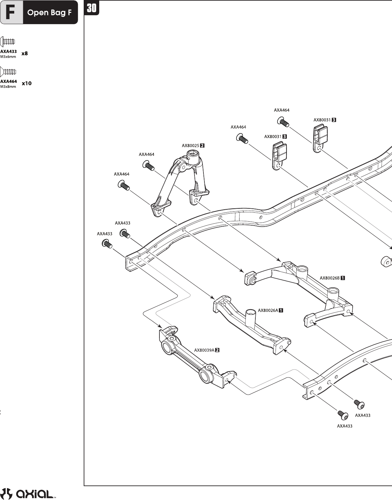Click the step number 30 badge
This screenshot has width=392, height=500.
(92, 8)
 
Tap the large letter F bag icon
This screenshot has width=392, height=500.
(12, 13)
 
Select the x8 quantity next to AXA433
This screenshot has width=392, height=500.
(24, 53)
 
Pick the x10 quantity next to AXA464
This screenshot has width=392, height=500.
(26, 83)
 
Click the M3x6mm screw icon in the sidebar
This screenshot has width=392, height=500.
(9, 42)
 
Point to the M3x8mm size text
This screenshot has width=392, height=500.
(8, 87)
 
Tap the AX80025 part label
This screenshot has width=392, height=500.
(190, 145)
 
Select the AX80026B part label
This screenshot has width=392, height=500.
(329, 278)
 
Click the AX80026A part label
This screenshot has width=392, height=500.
(268, 310)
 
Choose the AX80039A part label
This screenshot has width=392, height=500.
(204, 350)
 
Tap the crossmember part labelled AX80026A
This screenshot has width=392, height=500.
(251, 327)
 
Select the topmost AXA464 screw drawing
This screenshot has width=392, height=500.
(283, 122)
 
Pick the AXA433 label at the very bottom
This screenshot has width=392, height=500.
(344, 426)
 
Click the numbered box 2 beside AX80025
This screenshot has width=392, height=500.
(202, 145)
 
